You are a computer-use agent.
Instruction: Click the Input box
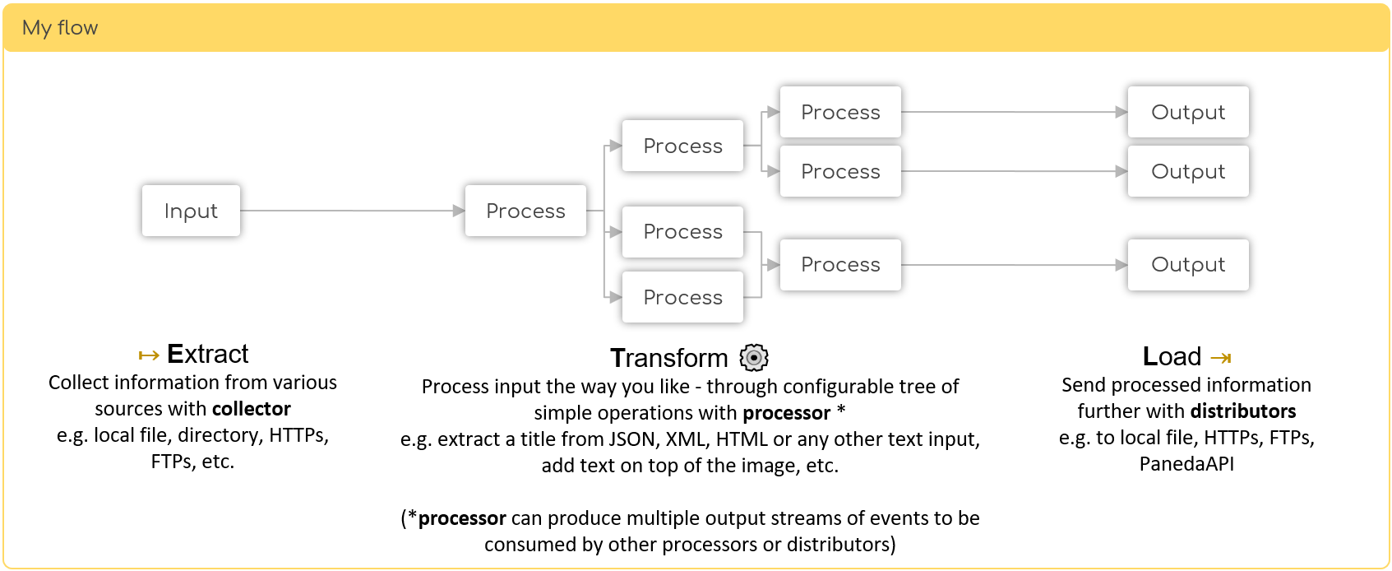(x=191, y=211)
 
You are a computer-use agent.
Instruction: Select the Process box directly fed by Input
(x=525, y=211)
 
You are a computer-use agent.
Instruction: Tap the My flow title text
(x=60, y=28)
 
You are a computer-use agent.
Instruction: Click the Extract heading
(x=207, y=354)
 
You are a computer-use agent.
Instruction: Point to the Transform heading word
(x=669, y=358)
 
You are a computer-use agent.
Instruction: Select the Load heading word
(x=1172, y=356)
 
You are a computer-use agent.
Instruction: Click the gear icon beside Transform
(x=754, y=358)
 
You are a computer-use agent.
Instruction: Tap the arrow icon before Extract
(x=149, y=355)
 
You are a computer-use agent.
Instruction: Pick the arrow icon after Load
(x=1221, y=358)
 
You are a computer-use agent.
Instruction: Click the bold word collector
(x=251, y=409)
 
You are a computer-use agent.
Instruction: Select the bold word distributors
(x=1243, y=411)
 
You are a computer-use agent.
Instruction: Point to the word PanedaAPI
(x=1186, y=464)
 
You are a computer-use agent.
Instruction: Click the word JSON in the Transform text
(x=634, y=439)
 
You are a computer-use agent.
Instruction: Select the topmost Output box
(x=1188, y=112)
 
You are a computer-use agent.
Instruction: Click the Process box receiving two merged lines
(x=840, y=265)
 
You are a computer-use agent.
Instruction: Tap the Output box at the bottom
(x=1188, y=265)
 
